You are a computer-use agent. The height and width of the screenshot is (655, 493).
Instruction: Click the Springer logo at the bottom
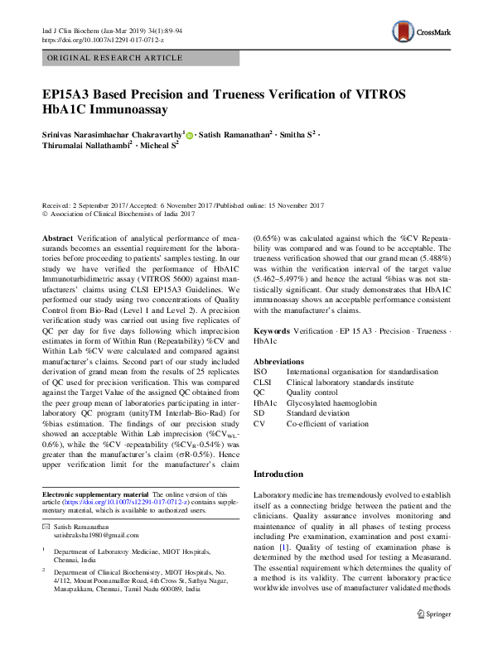coord(433,637)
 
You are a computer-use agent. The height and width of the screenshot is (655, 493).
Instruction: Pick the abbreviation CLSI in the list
coord(263,383)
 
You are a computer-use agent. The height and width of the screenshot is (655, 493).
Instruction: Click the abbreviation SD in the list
coord(259,412)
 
